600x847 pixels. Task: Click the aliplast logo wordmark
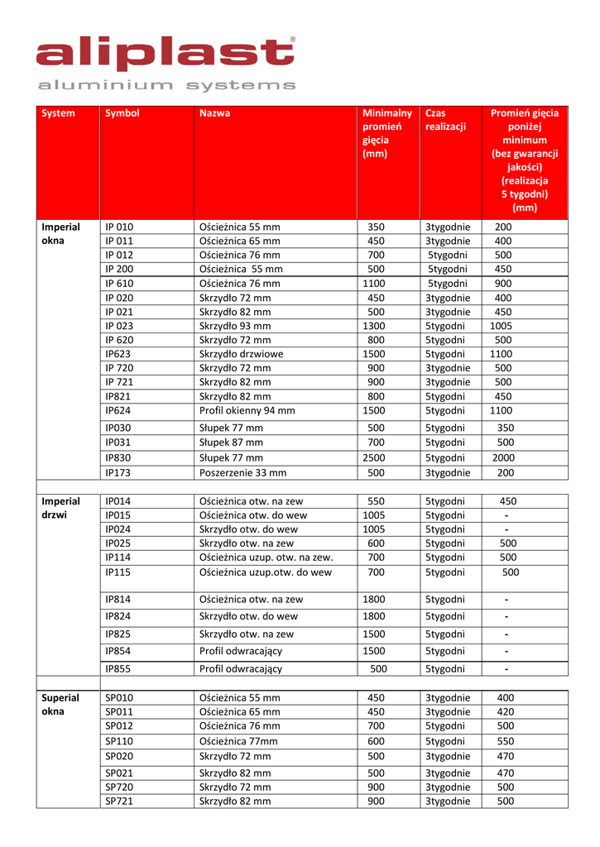click(x=165, y=55)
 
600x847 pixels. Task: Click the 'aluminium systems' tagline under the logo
click(x=165, y=85)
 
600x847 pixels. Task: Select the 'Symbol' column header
click(x=122, y=113)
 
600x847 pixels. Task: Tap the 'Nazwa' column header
click(x=214, y=113)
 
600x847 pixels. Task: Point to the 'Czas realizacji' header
click(x=445, y=120)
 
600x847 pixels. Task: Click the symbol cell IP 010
click(x=119, y=227)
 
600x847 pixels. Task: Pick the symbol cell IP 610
click(x=119, y=283)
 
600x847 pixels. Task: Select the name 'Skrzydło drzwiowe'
click(x=241, y=353)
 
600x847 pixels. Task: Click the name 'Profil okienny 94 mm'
click(x=247, y=409)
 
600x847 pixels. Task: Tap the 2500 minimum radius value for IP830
click(x=375, y=457)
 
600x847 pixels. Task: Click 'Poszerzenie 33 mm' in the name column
click(x=242, y=472)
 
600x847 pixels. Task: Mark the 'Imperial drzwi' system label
click(x=60, y=508)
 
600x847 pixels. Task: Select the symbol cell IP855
click(x=118, y=668)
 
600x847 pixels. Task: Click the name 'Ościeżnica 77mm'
click(x=238, y=741)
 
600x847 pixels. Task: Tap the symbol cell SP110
click(x=119, y=741)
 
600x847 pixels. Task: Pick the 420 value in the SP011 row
click(x=505, y=711)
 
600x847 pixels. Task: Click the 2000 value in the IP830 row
click(x=504, y=457)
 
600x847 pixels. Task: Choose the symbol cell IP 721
click(x=119, y=381)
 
